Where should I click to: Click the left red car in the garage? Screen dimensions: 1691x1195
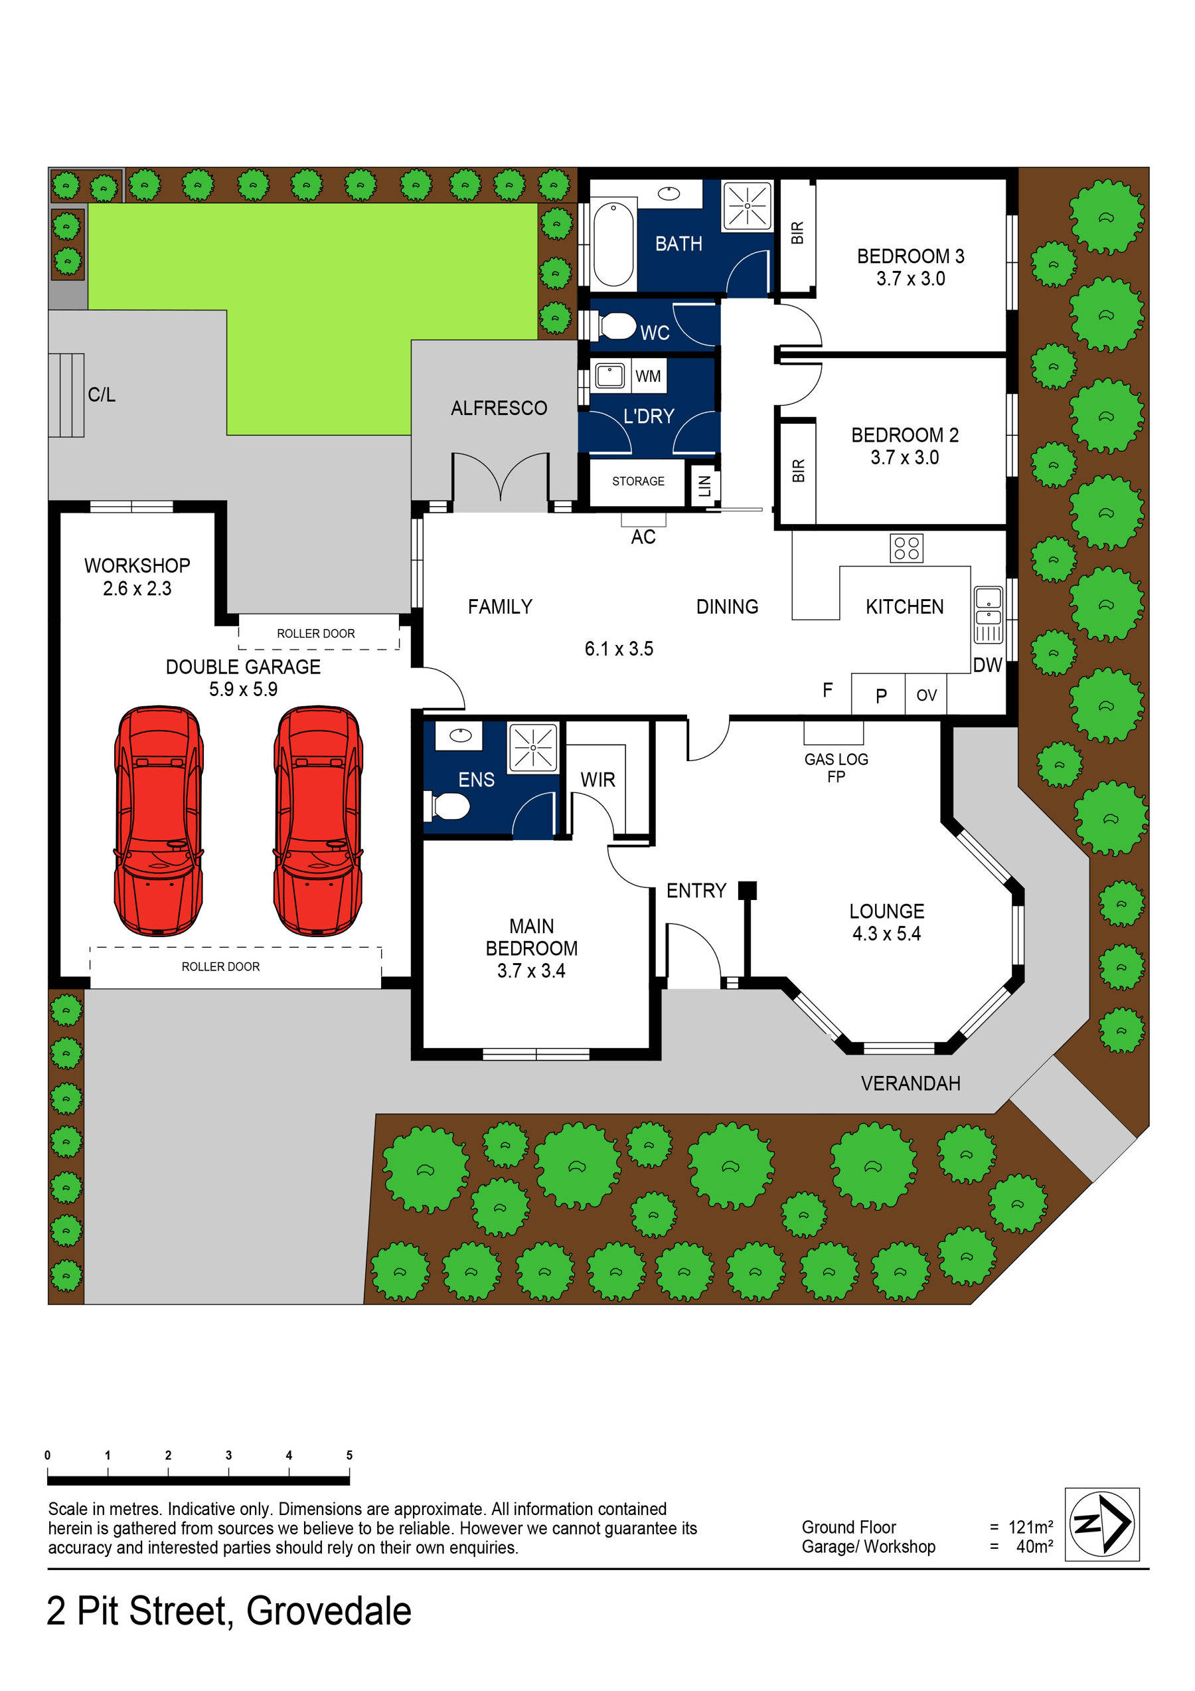[x=158, y=820]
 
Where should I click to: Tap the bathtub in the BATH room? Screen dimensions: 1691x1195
[x=613, y=244]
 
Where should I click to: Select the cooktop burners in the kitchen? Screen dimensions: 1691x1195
[x=906, y=548]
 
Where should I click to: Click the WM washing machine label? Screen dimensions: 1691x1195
[x=647, y=377]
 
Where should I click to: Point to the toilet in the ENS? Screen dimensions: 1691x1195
[x=447, y=806]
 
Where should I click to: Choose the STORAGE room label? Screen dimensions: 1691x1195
[x=637, y=481]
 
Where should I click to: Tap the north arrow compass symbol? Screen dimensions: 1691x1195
[x=1101, y=1524]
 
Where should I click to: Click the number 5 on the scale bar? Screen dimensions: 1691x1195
[x=349, y=1455]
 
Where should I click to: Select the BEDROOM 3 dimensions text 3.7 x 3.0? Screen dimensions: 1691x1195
[x=910, y=279]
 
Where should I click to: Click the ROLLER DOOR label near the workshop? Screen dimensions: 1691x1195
[x=315, y=634]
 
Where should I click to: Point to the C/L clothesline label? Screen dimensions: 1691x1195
[x=102, y=395]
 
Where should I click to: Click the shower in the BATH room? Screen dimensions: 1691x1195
[x=747, y=205]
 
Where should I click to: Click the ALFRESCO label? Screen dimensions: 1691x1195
[x=499, y=408]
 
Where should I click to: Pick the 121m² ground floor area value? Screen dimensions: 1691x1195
[x=1030, y=1527]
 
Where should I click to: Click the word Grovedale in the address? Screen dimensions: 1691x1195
[x=329, y=1611]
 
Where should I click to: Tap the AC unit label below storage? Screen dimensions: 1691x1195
[x=643, y=537]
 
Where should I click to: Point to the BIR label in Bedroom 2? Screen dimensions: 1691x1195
[x=798, y=470]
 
